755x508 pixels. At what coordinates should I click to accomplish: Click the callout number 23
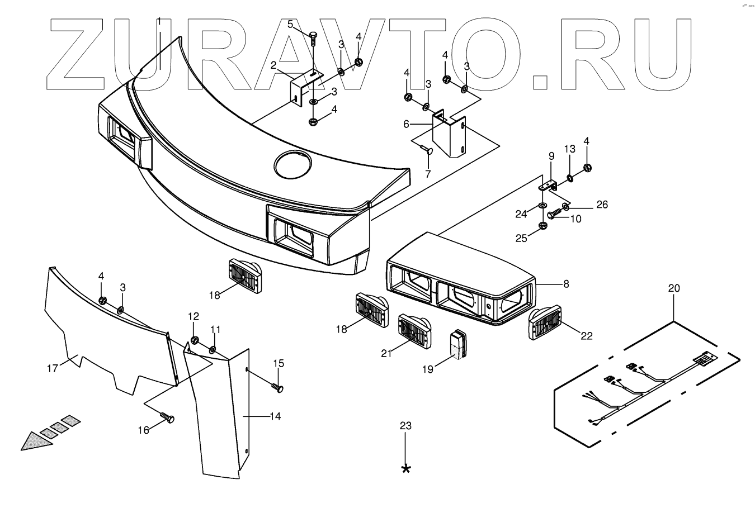pos(405,426)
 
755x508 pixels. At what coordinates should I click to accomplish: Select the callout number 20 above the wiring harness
pos(674,288)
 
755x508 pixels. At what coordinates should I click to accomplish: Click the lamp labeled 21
pos(414,331)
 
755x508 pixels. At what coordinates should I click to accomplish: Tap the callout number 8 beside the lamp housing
pos(566,284)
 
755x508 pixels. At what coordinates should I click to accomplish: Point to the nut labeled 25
pos(542,226)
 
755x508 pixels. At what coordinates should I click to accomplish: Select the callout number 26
pos(602,205)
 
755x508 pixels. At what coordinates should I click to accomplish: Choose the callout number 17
pos(52,368)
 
